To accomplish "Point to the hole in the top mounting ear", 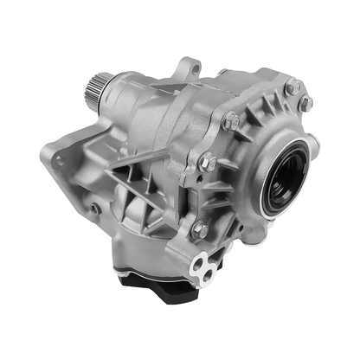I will click(188, 67).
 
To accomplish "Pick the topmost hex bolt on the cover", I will click(293, 87).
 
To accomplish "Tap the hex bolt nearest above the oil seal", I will click(305, 104).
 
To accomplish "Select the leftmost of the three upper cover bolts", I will click(232, 122).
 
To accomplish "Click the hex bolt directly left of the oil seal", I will click(208, 162).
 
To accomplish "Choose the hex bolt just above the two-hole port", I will click(200, 229).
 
